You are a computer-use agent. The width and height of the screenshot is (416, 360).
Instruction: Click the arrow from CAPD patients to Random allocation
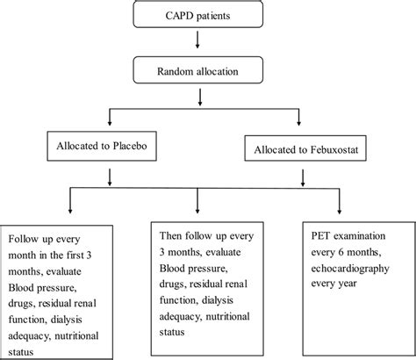208,45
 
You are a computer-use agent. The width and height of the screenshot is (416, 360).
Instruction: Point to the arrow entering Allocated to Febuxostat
305,119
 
